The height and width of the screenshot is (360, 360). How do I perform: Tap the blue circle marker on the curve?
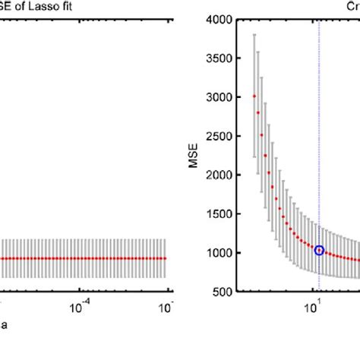(x=319, y=250)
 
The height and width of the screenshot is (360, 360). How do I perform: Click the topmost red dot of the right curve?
(x=254, y=96)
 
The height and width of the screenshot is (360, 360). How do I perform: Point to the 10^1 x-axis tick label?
(x=311, y=308)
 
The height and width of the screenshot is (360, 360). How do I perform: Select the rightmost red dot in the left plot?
(x=165, y=258)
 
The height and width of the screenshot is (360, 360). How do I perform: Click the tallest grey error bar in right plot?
(x=254, y=95)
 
